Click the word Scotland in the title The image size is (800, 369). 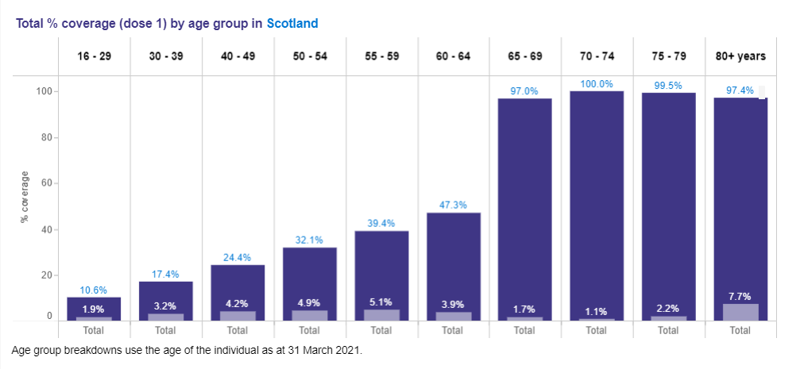(x=292, y=24)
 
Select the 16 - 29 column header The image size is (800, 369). (x=93, y=56)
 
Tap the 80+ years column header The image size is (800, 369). (x=740, y=56)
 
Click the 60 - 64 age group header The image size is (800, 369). (x=452, y=56)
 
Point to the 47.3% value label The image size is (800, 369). (x=452, y=206)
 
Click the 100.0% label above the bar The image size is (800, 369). (x=597, y=84)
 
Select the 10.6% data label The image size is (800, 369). (x=93, y=290)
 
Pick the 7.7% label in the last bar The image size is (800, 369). (x=740, y=297)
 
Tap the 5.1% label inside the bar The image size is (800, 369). (x=381, y=302)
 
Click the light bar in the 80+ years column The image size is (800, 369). (x=740, y=312)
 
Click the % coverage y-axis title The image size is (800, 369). (x=25, y=197)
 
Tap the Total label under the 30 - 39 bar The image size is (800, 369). (x=165, y=330)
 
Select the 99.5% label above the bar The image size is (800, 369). (x=668, y=86)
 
